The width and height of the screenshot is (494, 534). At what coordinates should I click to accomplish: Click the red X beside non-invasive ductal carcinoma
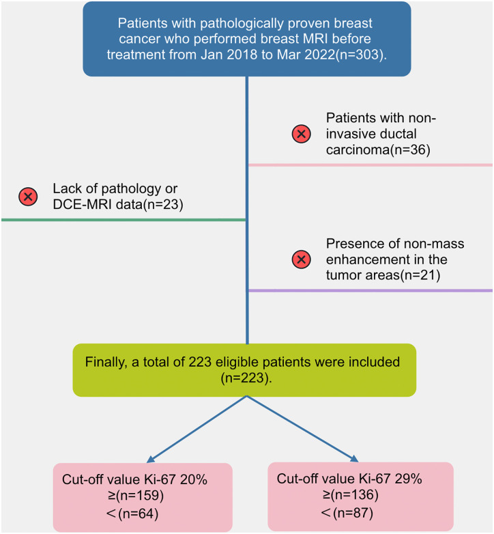tap(302, 134)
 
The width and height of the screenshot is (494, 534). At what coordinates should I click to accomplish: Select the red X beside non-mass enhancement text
tap(302, 259)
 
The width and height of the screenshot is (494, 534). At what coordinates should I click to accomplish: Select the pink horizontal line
tap(369, 165)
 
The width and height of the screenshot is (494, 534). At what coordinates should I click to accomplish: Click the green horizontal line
tap(123, 220)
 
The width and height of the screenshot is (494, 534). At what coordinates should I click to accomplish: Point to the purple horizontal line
tap(369, 291)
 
